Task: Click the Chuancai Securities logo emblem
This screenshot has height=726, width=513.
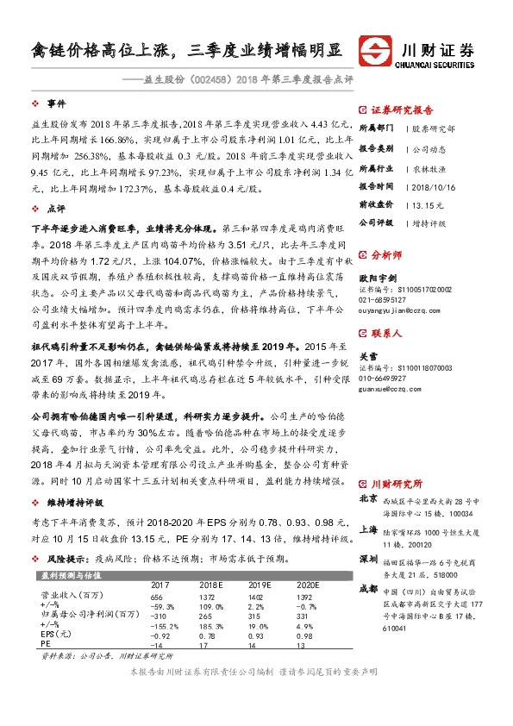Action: click(x=374, y=51)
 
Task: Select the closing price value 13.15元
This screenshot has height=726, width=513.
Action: click(x=428, y=204)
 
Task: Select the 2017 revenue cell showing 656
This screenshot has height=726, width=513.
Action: click(x=156, y=597)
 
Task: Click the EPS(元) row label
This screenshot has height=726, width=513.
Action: click(x=56, y=635)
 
